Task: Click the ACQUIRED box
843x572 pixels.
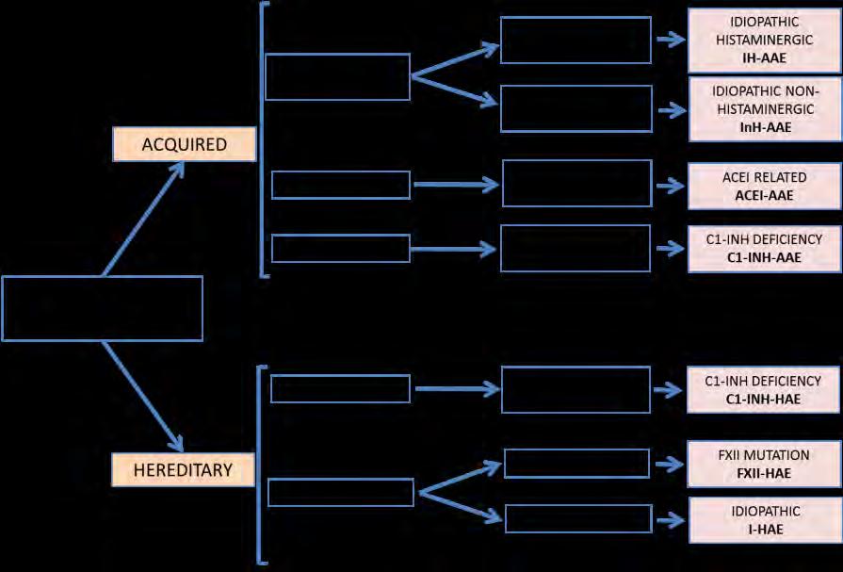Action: pos(184,144)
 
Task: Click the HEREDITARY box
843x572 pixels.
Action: pos(183,470)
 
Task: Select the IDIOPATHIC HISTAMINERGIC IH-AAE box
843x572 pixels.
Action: pos(764,41)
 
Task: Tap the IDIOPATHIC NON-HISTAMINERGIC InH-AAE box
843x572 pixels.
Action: pos(765,109)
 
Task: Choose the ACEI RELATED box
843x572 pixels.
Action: pos(765,187)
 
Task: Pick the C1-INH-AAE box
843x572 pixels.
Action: pos(764,249)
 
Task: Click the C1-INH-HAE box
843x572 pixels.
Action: pos(763,390)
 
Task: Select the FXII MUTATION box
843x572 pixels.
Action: pos(764,465)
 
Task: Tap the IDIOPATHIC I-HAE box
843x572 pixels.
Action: pos(765,520)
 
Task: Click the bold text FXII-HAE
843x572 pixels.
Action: pos(764,474)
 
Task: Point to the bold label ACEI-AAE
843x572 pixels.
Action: pos(764,195)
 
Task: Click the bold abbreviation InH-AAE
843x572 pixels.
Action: pos(765,127)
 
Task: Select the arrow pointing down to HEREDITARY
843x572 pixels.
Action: pos(143,397)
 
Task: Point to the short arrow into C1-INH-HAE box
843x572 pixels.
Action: pos(668,390)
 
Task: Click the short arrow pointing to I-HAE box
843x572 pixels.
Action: pos(671,520)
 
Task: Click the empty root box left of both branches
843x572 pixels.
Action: pos(102,308)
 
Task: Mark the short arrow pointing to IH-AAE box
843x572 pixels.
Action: pos(671,40)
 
